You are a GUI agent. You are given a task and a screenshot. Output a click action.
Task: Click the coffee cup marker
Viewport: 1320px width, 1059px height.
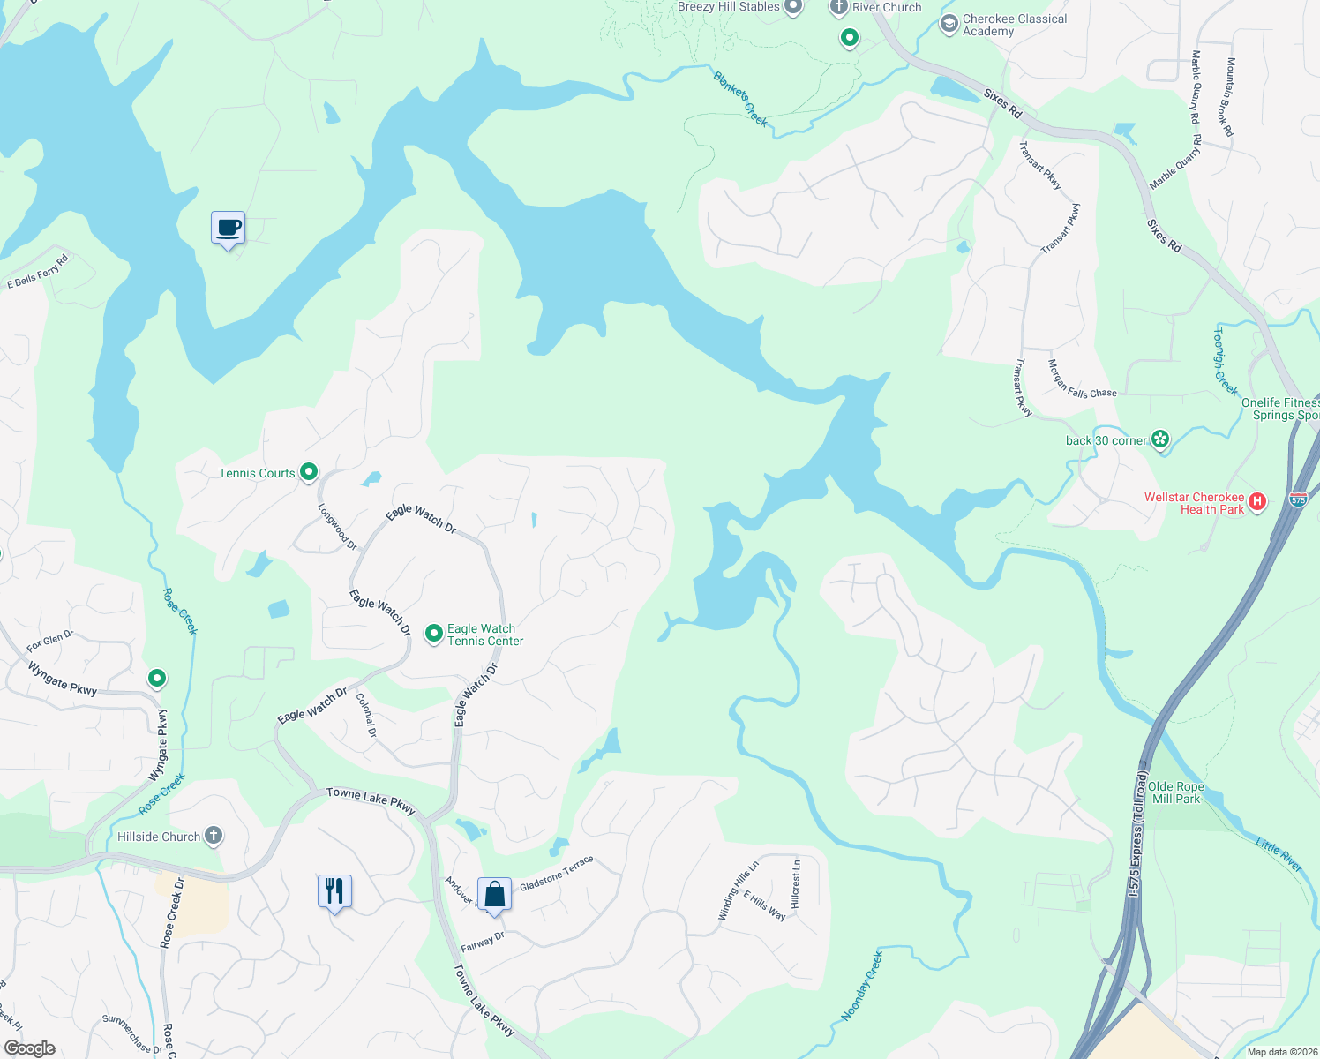[229, 228]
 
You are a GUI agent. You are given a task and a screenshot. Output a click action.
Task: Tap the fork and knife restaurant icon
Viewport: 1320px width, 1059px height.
[334, 891]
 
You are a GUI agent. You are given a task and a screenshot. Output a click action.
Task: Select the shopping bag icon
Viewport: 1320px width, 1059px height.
[495, 894]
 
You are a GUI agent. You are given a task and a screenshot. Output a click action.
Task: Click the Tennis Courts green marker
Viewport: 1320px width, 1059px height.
[309, 472]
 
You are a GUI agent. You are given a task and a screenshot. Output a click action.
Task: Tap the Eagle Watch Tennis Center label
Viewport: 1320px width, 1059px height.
[484, 635]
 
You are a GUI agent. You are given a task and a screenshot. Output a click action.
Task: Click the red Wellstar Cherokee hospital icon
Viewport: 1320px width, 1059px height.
[1258, 502]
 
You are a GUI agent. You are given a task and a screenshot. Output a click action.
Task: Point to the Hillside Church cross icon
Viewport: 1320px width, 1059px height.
[214, 835]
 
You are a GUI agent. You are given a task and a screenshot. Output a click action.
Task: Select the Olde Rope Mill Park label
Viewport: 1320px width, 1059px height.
[1175, 792]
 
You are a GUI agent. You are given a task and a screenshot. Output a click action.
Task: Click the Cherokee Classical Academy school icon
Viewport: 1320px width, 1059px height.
[949, 24]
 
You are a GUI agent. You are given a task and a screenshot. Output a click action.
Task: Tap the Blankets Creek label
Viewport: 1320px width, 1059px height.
[740, 98]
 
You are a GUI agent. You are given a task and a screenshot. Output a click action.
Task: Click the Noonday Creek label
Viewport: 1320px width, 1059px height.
[861, 986]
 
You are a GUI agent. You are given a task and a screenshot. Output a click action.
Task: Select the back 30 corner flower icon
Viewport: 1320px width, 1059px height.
[1160, 439]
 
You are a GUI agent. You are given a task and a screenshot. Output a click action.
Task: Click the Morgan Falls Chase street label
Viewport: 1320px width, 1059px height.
[1082, 379]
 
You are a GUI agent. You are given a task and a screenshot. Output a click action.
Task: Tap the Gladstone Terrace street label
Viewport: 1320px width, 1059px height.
[556, 874]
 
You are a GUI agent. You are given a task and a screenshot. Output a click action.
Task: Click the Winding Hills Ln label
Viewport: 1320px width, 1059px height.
[739, 891]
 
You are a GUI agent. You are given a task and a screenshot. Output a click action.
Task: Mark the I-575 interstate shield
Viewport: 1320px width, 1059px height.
[1297, 499]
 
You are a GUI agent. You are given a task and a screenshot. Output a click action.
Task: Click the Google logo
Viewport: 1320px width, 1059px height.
[30, 1048]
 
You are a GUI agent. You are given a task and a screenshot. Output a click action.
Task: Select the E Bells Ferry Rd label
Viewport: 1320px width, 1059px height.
[37, 272]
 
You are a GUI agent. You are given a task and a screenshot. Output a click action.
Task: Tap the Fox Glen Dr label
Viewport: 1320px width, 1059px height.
[49, 641]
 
